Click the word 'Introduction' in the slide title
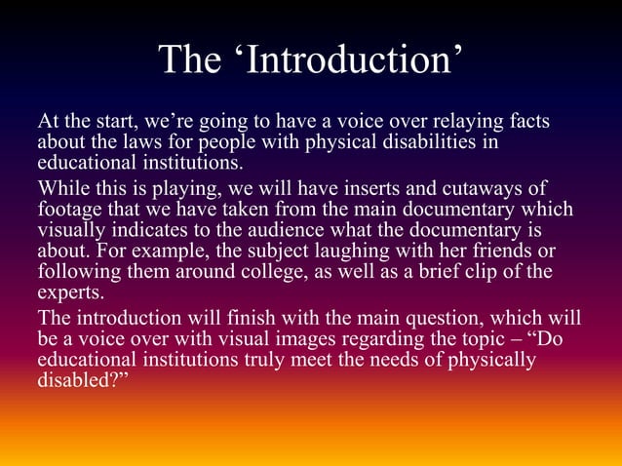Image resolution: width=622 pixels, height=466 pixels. pyautogui.click(x=351, y=60)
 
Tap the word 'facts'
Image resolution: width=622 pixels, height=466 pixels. pyautogui.click(x=525, y=123)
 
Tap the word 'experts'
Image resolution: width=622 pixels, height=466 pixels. pyautogui.click(x=69, y=291)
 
